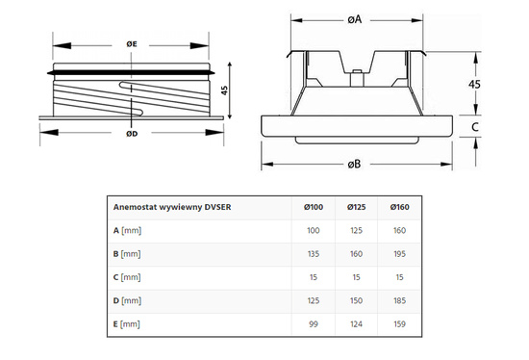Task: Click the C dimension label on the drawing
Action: pyautogui.click(x=474, y=125)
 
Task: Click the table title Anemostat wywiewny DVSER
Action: pyautogui.click(x=172, y=206)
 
